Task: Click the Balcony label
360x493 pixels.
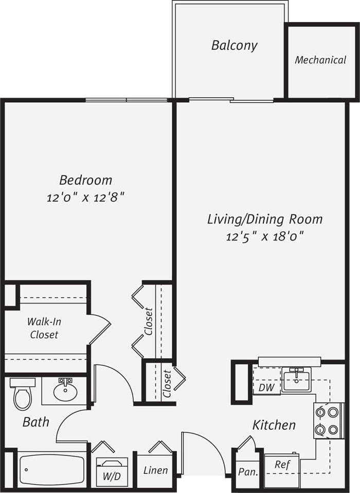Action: click(234, 45)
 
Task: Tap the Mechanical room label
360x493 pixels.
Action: click(320, 60)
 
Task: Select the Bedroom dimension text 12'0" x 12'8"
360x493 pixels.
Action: click(86, 197)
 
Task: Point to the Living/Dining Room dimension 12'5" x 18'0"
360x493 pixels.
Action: click(265, 236)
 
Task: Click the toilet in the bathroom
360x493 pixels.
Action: click(23, 394)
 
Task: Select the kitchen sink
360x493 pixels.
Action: click(296, 380)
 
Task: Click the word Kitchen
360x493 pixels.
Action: click(274, 425)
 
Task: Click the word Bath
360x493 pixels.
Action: click(36, 422)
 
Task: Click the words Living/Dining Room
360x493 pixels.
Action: click(265, 219)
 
